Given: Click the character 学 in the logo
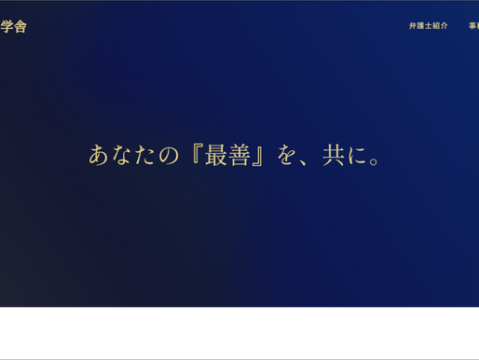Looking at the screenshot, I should (x=7, y=26).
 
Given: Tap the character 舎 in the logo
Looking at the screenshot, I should (x=21, y=26).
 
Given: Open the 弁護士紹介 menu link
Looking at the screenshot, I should (x=428, y=26).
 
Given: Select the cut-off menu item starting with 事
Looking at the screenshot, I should (x=473, y=26).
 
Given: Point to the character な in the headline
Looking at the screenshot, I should (x=124, y=155).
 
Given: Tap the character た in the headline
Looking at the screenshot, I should (x=147, y=155).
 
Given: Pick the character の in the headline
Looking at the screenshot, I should (x=171, y=155).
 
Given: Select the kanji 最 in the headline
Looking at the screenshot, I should (x=218, y=155).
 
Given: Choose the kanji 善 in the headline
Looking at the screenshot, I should (x=241, y=155).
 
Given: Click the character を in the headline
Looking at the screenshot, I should (x=287, y=155).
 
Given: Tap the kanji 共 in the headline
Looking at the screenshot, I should (x=332, y=155).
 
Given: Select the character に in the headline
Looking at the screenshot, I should (x=355, y=155).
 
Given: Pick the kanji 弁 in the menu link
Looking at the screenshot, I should (x=413, y=26).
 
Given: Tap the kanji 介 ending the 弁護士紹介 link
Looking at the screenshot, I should (x=444, y=26).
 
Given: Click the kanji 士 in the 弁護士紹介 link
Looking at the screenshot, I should (x=428, y=26).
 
